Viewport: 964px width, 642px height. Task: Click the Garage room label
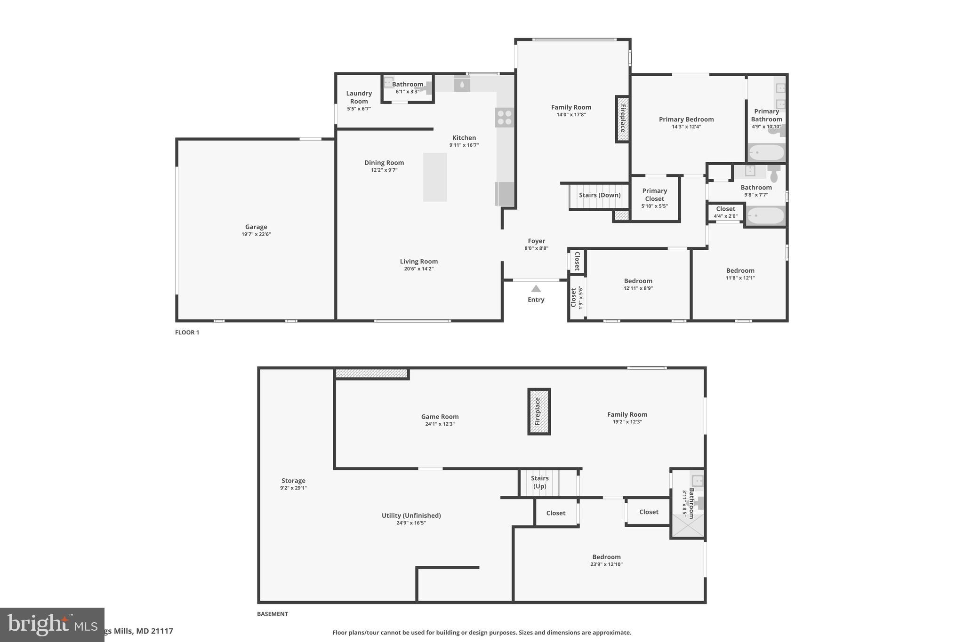[256, 227]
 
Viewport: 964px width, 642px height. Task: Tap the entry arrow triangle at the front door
[536, 289]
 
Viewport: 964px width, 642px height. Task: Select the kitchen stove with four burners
[504, 117]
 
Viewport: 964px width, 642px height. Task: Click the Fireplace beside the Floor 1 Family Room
[622, 119]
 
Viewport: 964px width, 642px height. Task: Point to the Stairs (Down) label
[599, 195]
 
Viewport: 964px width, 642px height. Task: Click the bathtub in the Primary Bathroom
[767, 152]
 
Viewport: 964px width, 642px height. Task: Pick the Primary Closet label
[654, 195]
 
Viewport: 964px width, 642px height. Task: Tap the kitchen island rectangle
[434, 177]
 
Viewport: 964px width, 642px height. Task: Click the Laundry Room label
[359, 97]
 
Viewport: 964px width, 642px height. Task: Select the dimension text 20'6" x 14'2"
[418, 269]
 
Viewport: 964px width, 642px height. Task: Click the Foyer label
[536, 241]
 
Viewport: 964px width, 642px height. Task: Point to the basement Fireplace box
[538, 412]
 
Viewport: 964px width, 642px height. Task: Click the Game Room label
[440, 417]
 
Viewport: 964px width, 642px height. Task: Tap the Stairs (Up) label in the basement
[539, 482]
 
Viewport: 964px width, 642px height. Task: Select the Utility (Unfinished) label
[411, 515]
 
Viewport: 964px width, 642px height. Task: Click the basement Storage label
[293, 481]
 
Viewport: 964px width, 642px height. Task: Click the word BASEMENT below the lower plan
[272, 614]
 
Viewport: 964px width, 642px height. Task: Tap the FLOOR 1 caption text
[187, 333]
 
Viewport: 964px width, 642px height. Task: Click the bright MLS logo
[52, 625]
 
